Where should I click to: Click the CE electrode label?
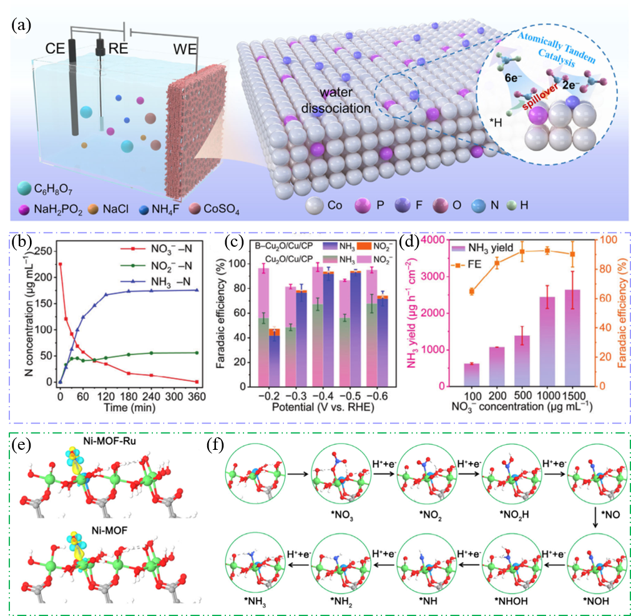(x=55, y=48)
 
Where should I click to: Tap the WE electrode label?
(x=185, y=49)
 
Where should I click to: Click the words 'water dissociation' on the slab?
(x=336, y=101)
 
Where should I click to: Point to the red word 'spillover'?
(x=540, y=97)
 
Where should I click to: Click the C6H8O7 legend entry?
(x=45, y=189)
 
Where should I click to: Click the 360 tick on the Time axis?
(x=197, y=397)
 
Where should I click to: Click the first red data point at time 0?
(x=61, y=264)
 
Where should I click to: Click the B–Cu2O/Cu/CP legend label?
(x=284, y=246)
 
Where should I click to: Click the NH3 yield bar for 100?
(x=472, y=375)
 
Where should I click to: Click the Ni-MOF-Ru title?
(x=109, y=441)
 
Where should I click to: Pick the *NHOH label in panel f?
(x=511, y=601)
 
